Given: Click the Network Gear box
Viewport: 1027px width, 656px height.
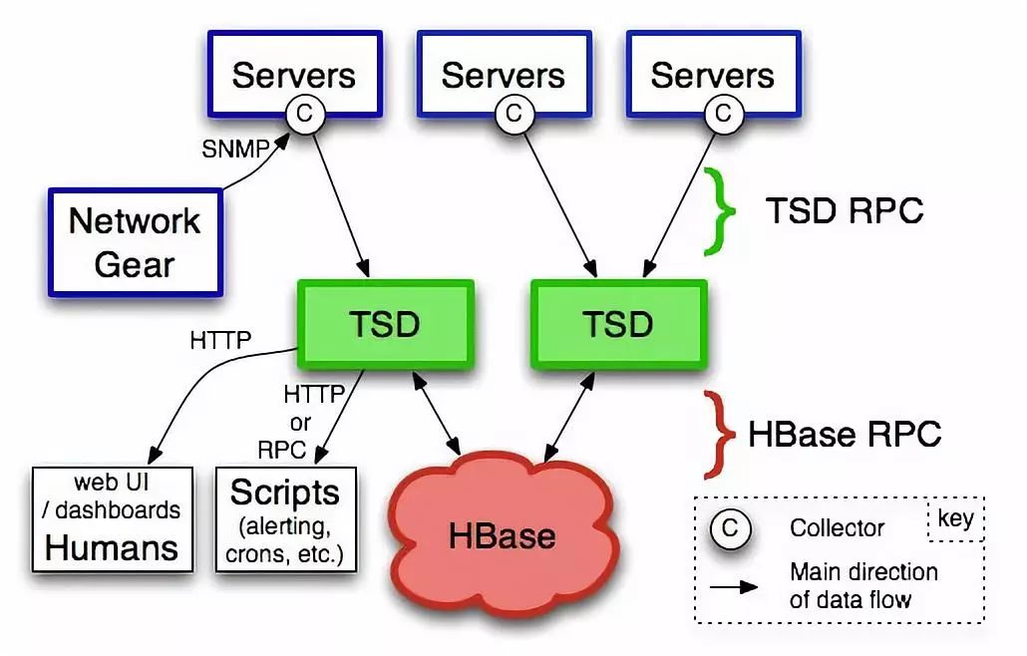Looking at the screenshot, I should pyautogui.click(x=136, y=242).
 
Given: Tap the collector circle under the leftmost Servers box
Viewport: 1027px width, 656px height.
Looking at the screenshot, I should pyautogui.click(x=305, y=114).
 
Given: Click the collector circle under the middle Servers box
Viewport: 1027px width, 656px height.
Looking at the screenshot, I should pyautogui.click(x=513, y=114).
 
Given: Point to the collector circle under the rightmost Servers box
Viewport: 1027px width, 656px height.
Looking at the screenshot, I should pyautogui.click(x=724, y=114).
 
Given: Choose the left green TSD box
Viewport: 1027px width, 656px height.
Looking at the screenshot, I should pyautogui.click(x=384, y=323).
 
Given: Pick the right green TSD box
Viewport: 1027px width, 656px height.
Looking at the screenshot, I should pyautogui.click(x=618, y=323).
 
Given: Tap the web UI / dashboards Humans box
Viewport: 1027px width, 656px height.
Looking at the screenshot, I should pyautogui.click(x=112, y=518).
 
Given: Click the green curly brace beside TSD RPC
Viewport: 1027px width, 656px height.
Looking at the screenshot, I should pyautogui.click(x=720, y=210).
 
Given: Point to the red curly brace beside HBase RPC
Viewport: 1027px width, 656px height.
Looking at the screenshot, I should pyautogui.click(x=721, y=434).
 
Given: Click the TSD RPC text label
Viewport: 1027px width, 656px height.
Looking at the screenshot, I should pyautogui.click(x=845, y=210).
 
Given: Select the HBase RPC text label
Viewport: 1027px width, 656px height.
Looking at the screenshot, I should pyautogui.click(x=845, y=434).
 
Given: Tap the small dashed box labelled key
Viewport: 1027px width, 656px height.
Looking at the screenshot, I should pyautogui.click(x=955, y=519).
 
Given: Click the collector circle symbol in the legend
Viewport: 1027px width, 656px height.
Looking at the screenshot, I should pyautogui.click(x=730, y=528).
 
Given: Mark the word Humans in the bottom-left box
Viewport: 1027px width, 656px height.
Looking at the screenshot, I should pyautogui.click(x=112, y=546).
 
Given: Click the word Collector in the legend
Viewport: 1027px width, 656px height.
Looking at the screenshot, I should pyautogui.click(x=838, y=528).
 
